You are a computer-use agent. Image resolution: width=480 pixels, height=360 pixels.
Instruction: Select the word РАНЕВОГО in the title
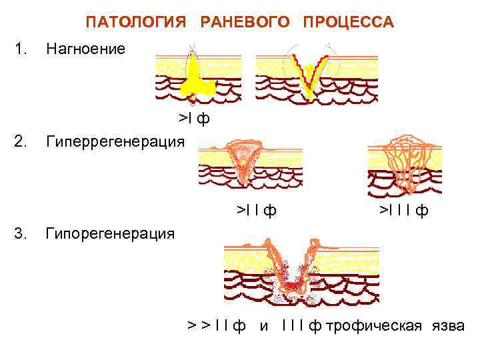pyautogui.click(x=245, y=23)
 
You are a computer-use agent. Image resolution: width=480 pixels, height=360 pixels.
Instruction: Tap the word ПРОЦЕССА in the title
pyautogui.click(x=348, y=23)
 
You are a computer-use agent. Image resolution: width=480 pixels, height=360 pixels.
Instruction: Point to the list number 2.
pyautogui.click(x=22, y=141)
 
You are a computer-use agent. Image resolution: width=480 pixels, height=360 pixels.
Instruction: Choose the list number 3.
pyautogui.click(x=22, y=233)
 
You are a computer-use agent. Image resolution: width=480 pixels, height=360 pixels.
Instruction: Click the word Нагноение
pyautogui.click(x=85, y=49)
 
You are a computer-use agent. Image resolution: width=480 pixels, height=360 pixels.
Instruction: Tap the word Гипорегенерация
pyautogui.click(x=110, y=234)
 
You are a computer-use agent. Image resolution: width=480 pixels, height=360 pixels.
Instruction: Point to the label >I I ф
pyautogui.click(x=257, y=211)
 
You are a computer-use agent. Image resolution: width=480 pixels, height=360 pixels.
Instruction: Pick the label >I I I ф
pyautogui.click(x=404, y=211)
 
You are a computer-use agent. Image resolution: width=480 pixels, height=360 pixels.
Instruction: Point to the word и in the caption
pyautogui.click(x=264, y=325)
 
